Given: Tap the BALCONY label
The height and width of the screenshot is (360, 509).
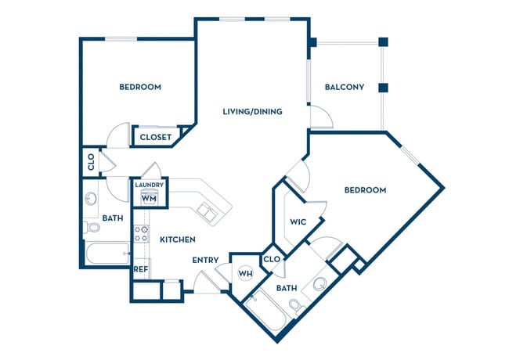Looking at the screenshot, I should (x=345, y=87).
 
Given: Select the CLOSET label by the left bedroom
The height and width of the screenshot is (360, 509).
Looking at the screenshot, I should (x=157, y=137).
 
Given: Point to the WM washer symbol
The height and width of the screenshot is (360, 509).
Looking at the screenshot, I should (x=148, y=198).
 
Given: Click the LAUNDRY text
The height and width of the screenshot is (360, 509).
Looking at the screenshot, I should (x=149, y=185).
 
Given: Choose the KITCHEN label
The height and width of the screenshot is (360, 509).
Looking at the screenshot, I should (x=178, y=239).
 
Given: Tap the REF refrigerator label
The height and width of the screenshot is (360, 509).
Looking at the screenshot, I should (x=141, y=269).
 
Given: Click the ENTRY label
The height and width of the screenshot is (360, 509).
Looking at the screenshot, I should (x=205, y=261).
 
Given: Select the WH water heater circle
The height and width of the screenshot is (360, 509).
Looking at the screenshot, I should (x=245, y=273).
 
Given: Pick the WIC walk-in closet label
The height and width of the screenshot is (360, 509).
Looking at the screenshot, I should (x=298, y=221).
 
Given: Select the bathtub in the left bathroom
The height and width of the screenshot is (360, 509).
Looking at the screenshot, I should (x=106, y=254).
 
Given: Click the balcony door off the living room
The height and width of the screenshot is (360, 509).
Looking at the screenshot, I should (x=321, y=117).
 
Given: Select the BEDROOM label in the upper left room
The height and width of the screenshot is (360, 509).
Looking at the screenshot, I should (x=140, y=87).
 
